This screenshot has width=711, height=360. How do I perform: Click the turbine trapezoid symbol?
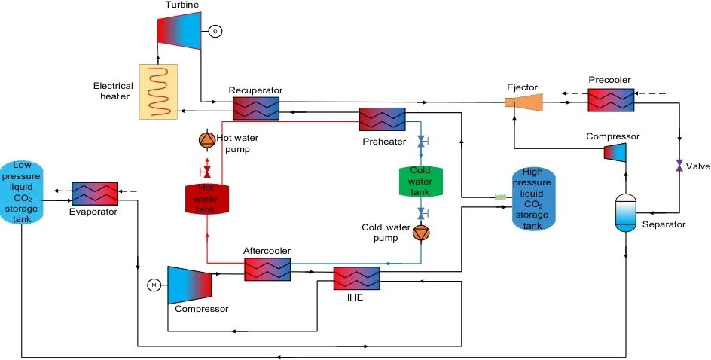(179, 31)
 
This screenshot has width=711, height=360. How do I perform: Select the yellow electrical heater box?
(158, 92)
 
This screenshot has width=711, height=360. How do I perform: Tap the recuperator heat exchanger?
(256, 108)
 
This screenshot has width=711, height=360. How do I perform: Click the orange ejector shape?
(526, 102)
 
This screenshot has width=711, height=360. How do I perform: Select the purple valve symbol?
(679, 165)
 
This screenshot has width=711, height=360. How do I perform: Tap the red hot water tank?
(207, 197)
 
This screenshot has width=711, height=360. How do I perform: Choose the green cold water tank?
(420, 181)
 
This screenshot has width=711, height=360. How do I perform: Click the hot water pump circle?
(206, 140)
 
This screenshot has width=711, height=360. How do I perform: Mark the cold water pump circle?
(420, 233)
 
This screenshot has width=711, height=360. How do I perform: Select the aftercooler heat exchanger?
(267, 269)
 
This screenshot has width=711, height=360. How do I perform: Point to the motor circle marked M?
(154, 285)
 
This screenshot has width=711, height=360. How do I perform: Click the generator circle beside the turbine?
(215, 32)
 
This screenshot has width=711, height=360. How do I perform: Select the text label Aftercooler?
(267, 251)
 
